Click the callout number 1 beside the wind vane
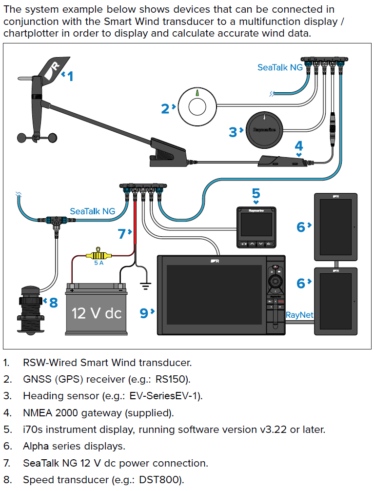click(x=70, y=76)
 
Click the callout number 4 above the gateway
click(x=298, y=145)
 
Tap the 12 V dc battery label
click(x=97, y=313)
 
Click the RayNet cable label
click(x=299, y=315)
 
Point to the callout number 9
click(x=144, y=313)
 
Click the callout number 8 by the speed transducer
click(x=53, y=303)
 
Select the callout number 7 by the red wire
click(x=121, y=233)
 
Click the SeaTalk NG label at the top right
click(x=280, y=68)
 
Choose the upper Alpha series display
click(x=335, y=227)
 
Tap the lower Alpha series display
click(x=335, y=300)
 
